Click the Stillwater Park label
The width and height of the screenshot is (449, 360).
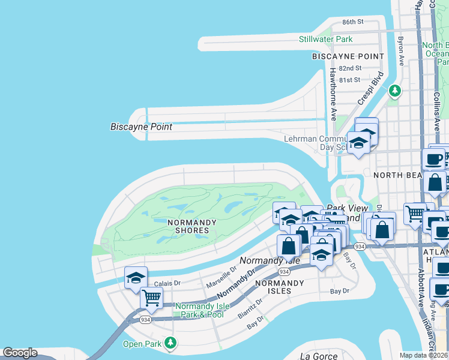pyautogui.click(x=326, y=40)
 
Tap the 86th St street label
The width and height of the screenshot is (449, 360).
pyautogui.click(x=353, y=22)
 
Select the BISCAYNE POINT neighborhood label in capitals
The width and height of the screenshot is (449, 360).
pyautogui.click(x=348, y=56)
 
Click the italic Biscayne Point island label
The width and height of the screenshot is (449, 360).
pyautogui.click(x=141, y=127)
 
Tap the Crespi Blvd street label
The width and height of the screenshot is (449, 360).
pyautogui.click(x=370, y=89)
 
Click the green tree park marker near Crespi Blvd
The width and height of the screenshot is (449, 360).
pyautogui.click(x=394, y=91)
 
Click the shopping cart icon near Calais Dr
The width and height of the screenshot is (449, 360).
pyautogui.click(x=151, y=297)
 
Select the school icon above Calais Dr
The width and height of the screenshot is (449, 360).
pyautogui.click(x=136, y=278)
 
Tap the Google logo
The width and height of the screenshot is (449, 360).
pyautogui.click(x=19, y=353)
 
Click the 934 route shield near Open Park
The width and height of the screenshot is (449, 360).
pyautogui.click(x=145, y=320)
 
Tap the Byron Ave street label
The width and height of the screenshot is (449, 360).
pyautogui.click(x=401, y=52)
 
